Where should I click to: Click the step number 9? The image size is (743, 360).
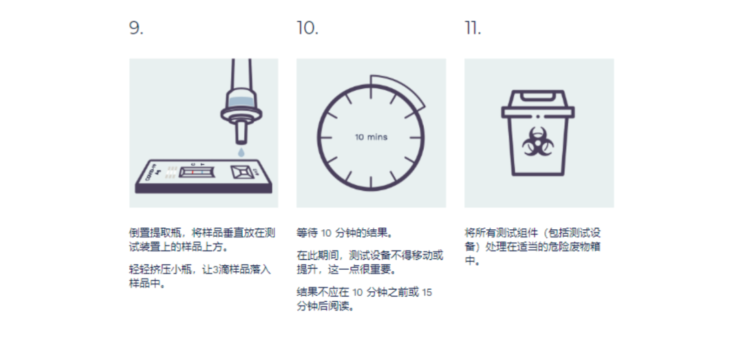tap(136, 28)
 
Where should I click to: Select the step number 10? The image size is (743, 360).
tap(308, 28)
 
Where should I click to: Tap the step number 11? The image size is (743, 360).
tap(473, 28)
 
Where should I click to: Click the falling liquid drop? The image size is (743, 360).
tap(241, 152)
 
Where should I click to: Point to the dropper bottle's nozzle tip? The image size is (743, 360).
tap(241, 141)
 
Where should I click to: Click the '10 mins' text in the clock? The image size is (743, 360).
tap(371, 137)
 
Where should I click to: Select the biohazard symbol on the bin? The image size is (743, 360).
tap(538, 142)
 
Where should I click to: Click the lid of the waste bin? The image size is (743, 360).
tap(538, 112)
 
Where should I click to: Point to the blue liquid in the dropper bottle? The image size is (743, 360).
tap(241, 101)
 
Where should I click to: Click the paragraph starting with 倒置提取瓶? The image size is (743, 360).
tap(202, 240)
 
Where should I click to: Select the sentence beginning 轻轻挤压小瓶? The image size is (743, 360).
tap(200, 277)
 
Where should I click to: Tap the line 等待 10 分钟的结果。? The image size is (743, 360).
tap(345, 233)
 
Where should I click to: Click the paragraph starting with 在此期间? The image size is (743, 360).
tap(370, 262)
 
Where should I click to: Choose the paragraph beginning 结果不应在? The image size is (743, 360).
tap(365, 299)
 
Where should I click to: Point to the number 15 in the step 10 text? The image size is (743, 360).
tap(427, 292)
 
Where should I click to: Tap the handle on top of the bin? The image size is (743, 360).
tap(538, 97)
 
